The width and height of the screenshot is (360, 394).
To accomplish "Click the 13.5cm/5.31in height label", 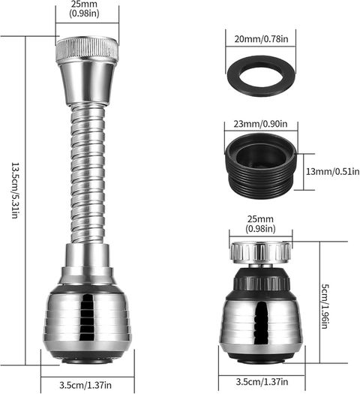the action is click(x=16, y=191).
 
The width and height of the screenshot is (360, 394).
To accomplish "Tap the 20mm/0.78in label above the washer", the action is click(x=261, y=39).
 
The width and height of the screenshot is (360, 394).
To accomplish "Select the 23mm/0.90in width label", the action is click(x=260, y=124).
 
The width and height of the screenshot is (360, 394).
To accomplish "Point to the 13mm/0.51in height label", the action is click(x=332, y=172).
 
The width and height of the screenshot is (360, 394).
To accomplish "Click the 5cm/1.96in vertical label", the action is click(x=325, y=306).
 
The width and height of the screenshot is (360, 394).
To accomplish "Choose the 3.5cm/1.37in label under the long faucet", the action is click(x=85, y=385).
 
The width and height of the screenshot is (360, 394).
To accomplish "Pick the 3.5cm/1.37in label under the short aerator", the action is click(x=262, y=382).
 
